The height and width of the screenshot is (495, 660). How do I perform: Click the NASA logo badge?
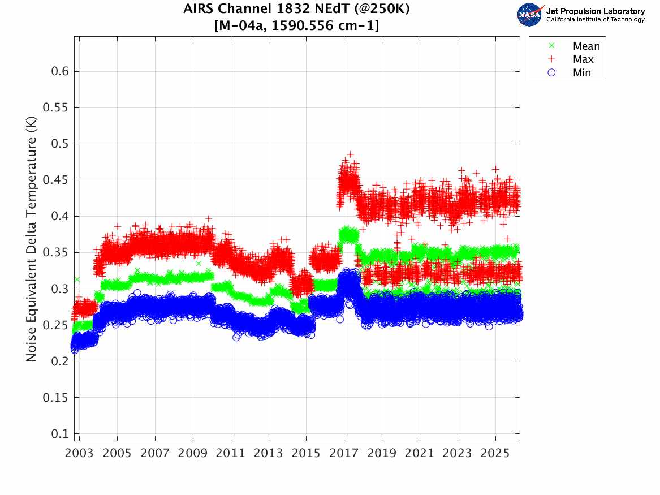coord(530,15)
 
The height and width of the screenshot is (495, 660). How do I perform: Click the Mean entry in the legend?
coord(586,46)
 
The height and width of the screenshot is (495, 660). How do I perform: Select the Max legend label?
coord(583,59)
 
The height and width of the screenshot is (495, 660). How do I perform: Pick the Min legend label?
coord(582,72)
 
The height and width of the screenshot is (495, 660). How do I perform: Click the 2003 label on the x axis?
coord(79,453)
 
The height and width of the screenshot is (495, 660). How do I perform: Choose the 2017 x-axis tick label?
coord(344,453)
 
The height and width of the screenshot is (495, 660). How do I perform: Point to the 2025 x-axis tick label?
coord(495,453)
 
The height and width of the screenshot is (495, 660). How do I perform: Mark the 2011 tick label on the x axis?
coord(231,453)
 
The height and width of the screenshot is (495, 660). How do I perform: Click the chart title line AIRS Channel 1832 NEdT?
coord(297,10)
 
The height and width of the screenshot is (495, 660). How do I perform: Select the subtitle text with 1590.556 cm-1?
coord(297,25)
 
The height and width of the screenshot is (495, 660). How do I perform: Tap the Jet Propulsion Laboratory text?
coord(595,11)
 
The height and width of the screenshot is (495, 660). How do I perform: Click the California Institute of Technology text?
coord(595,20)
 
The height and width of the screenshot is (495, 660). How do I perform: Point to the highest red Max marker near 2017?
coord(350,154)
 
